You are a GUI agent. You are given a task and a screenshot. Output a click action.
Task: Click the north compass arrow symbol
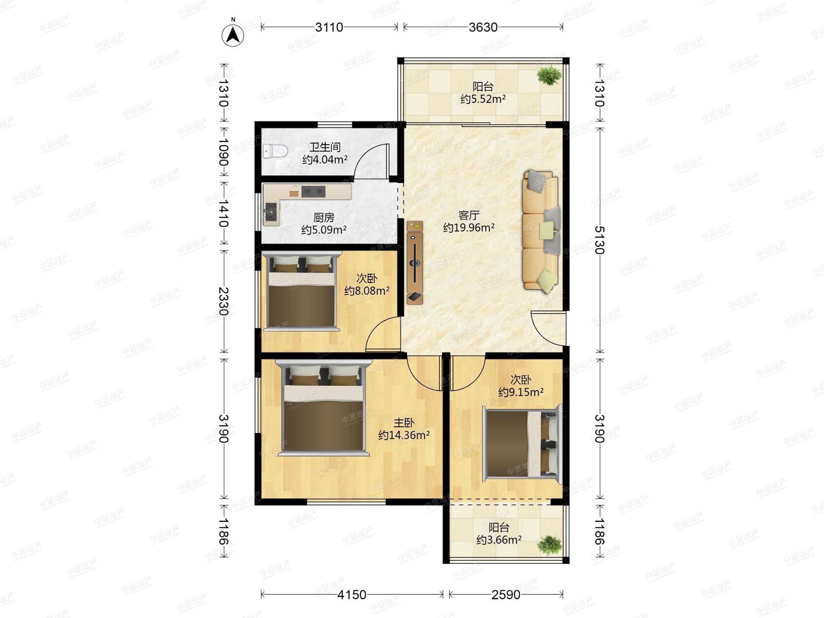233,35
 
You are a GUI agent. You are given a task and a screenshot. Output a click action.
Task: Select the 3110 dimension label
329,27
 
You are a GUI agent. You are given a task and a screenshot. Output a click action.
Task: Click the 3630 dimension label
483,27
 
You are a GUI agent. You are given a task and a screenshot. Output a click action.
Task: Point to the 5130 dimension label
599,240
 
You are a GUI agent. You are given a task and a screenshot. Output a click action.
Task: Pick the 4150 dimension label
352,595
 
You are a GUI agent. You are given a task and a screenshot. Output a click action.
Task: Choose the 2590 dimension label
506,595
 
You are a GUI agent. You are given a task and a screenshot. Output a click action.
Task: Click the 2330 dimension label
223,301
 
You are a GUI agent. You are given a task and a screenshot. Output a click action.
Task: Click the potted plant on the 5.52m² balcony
549,76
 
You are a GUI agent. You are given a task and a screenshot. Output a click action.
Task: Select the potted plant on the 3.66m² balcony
549,545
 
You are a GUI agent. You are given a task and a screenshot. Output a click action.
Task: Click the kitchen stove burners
313,192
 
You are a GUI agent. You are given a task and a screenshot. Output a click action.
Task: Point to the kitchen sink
271,214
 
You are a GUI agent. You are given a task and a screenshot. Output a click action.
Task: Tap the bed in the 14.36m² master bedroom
324,408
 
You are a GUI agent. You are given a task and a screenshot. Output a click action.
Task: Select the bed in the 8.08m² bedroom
301,291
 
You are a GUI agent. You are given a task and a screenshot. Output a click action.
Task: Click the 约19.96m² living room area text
469,227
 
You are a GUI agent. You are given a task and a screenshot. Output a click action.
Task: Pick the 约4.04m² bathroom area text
325,159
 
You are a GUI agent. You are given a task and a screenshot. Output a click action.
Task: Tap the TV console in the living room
415,263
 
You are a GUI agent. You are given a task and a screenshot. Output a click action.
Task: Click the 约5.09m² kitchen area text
324,229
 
